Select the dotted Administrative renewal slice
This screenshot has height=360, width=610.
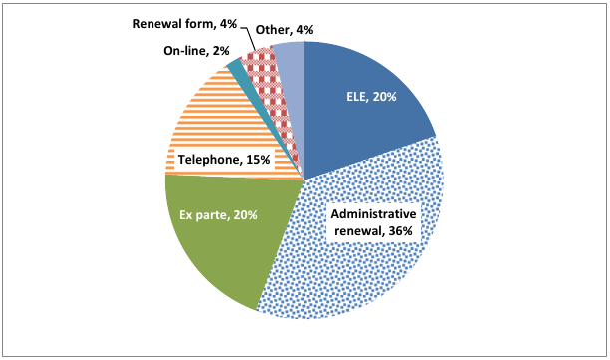(359, 269)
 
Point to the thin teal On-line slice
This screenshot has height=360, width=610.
(236, 69)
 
